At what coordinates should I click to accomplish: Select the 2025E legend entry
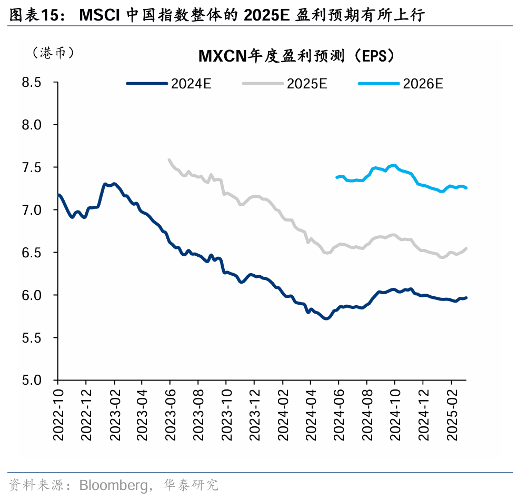[x=285, y=83]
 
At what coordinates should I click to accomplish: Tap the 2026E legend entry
[x=401, y=83]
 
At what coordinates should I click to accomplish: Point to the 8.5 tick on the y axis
[x=32, y=83]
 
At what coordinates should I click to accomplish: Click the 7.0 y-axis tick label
[x=32, y=210]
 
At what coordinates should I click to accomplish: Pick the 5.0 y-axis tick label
[x=32, y=380]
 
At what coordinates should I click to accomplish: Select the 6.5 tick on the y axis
[x=32, y=253]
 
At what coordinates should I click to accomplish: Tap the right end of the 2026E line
[x=466, y=188]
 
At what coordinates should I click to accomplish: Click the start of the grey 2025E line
[x=169, y=159]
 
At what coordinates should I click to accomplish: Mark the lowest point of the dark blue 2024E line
[x=326, y=318]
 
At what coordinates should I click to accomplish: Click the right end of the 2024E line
[x=466, y=298]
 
